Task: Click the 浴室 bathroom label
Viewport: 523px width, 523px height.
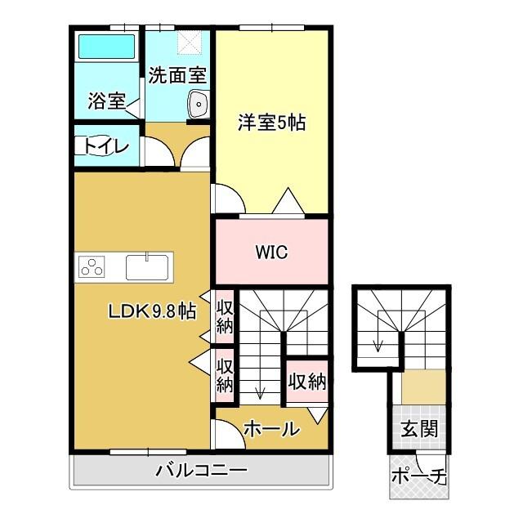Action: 106,102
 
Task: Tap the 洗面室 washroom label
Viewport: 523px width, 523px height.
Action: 177,76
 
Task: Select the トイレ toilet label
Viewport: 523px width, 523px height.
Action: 106,146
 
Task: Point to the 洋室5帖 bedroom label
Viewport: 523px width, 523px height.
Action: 271,123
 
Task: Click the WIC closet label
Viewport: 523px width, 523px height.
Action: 271,253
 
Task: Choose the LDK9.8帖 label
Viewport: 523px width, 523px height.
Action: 154,311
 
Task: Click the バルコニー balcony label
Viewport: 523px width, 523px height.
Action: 201,471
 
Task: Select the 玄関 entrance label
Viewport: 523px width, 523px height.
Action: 418,428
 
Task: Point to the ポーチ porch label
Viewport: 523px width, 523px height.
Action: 418,476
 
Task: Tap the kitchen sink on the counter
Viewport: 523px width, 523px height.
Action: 147,266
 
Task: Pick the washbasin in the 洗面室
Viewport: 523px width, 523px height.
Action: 199,103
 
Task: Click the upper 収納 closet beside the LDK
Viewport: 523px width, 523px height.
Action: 225,315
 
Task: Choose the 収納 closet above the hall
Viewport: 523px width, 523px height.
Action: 306,382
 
